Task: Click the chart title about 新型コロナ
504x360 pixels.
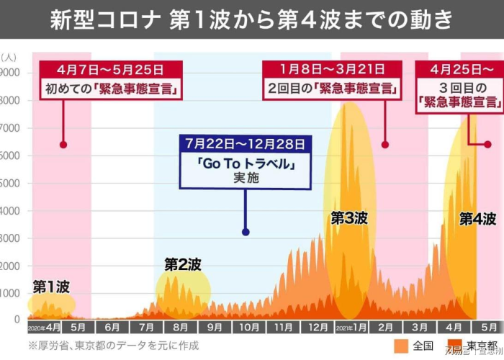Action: point(252,19)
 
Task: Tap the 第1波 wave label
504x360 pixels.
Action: point(51,286)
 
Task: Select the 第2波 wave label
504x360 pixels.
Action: point(183,264)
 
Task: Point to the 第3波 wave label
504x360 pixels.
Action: point(349,218)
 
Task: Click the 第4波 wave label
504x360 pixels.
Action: point(477,219)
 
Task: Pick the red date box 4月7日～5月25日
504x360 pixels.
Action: point(111,70)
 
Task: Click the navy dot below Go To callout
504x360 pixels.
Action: point(246,232)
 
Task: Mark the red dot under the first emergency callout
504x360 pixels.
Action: point(63,145)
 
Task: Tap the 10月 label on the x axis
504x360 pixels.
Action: point(248,327)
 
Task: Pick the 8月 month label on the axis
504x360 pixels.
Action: point(181,327)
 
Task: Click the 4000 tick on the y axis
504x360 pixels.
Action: point(11,211)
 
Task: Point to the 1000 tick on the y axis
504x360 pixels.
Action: point(11,293)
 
